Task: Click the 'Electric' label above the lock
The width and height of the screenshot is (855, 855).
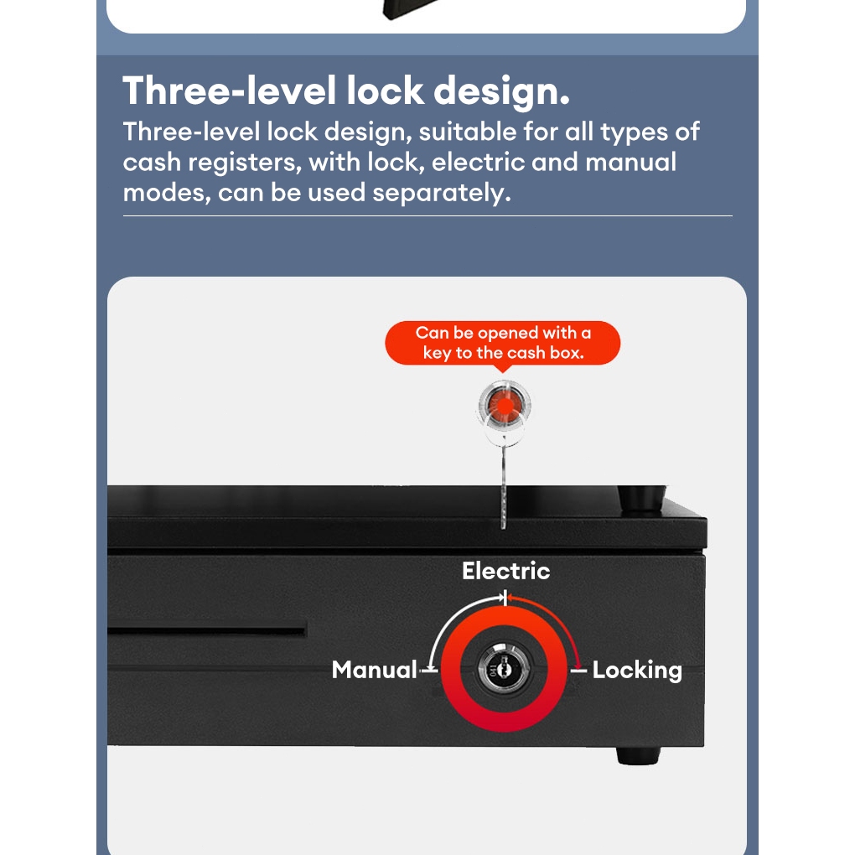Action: click(506, 571)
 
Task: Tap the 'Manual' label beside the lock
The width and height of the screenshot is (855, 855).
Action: click(375, 670)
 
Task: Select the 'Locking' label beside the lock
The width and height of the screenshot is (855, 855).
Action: click(637, 671)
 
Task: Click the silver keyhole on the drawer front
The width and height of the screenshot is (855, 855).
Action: click(503, 667)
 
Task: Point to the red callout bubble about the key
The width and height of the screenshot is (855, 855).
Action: click(503, 344)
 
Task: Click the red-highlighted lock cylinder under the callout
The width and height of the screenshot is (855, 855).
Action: click(505, 406)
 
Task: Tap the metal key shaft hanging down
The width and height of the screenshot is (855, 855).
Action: click(503, 485)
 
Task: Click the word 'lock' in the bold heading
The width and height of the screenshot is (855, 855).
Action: click(385, 91)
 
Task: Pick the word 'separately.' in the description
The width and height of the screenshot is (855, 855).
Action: click(442, 194)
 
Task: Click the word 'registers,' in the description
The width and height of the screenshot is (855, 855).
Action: click(245, 163)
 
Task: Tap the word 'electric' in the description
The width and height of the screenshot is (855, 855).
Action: click(478, 163)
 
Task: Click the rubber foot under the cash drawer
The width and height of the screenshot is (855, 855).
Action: click(638, 755)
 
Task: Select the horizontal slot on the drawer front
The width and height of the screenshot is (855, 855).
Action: click(207, 632)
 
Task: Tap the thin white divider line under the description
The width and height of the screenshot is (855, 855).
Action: click(427, 216)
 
